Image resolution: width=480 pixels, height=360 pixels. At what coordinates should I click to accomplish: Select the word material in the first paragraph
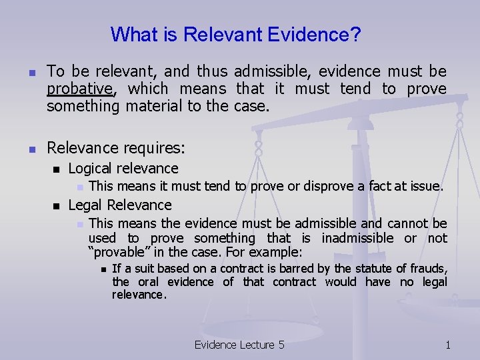pyautogui.click(x=151, y=106)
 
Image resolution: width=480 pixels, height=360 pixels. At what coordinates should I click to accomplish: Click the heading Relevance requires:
pyautogui.click(x=116, y=147)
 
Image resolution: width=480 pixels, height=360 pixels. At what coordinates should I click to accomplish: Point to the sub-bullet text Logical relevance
pyautogui.click(x=123, y=169)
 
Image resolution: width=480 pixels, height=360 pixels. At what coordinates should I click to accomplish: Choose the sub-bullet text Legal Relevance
pyautogui.click(x=120, y=205)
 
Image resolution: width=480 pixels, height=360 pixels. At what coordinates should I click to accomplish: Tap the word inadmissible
pyautogui.click(x=359, y=238)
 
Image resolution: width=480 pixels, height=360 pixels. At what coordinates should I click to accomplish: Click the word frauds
pyautogui.click(x=427, y=269)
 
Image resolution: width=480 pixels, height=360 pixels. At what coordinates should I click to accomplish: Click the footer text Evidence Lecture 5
pyautogui.click(x=239, y=345)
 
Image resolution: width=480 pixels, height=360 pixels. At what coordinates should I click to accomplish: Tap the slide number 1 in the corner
pyautogui.click(x=448, y=345)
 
